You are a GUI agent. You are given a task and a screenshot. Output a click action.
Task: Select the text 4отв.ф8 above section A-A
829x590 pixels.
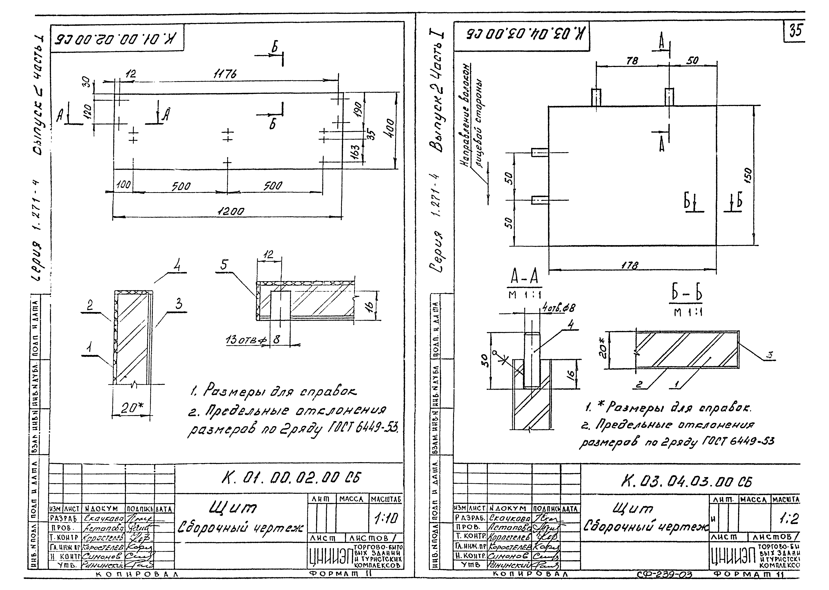click(558, 308)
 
